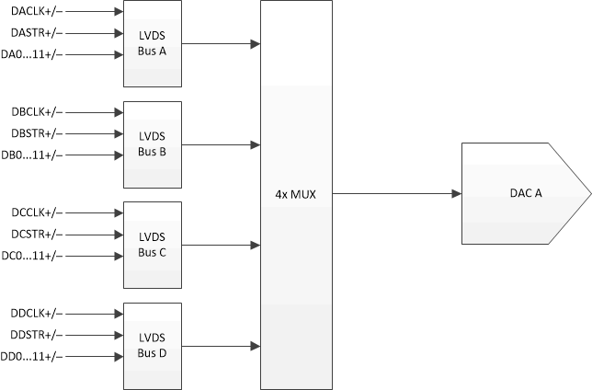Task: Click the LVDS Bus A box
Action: pos(152,43)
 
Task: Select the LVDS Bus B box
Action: pos(152,144)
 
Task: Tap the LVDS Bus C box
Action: pos(152,245)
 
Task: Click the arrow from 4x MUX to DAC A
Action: pos(395,194)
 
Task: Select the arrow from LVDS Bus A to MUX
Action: pos(221,43)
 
